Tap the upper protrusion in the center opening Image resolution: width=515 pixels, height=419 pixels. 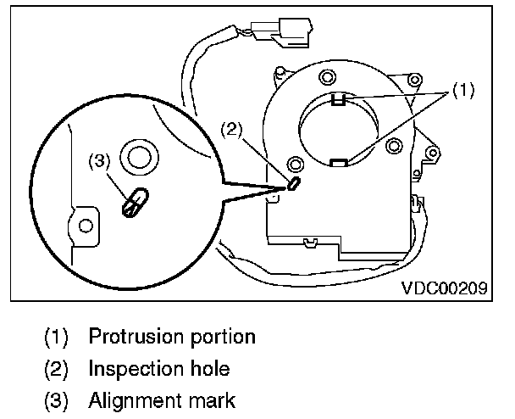pos(338,99)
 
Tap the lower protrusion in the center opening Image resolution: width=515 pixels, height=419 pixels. pos(338,161)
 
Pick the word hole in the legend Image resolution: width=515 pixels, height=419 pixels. pos(208,368)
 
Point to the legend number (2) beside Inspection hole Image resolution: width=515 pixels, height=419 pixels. pos(56,368)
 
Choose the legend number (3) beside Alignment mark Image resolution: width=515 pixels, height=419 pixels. pos(56,399)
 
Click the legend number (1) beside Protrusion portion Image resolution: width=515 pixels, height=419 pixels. pos(56,336)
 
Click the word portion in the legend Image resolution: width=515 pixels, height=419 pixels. pos(219,336)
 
